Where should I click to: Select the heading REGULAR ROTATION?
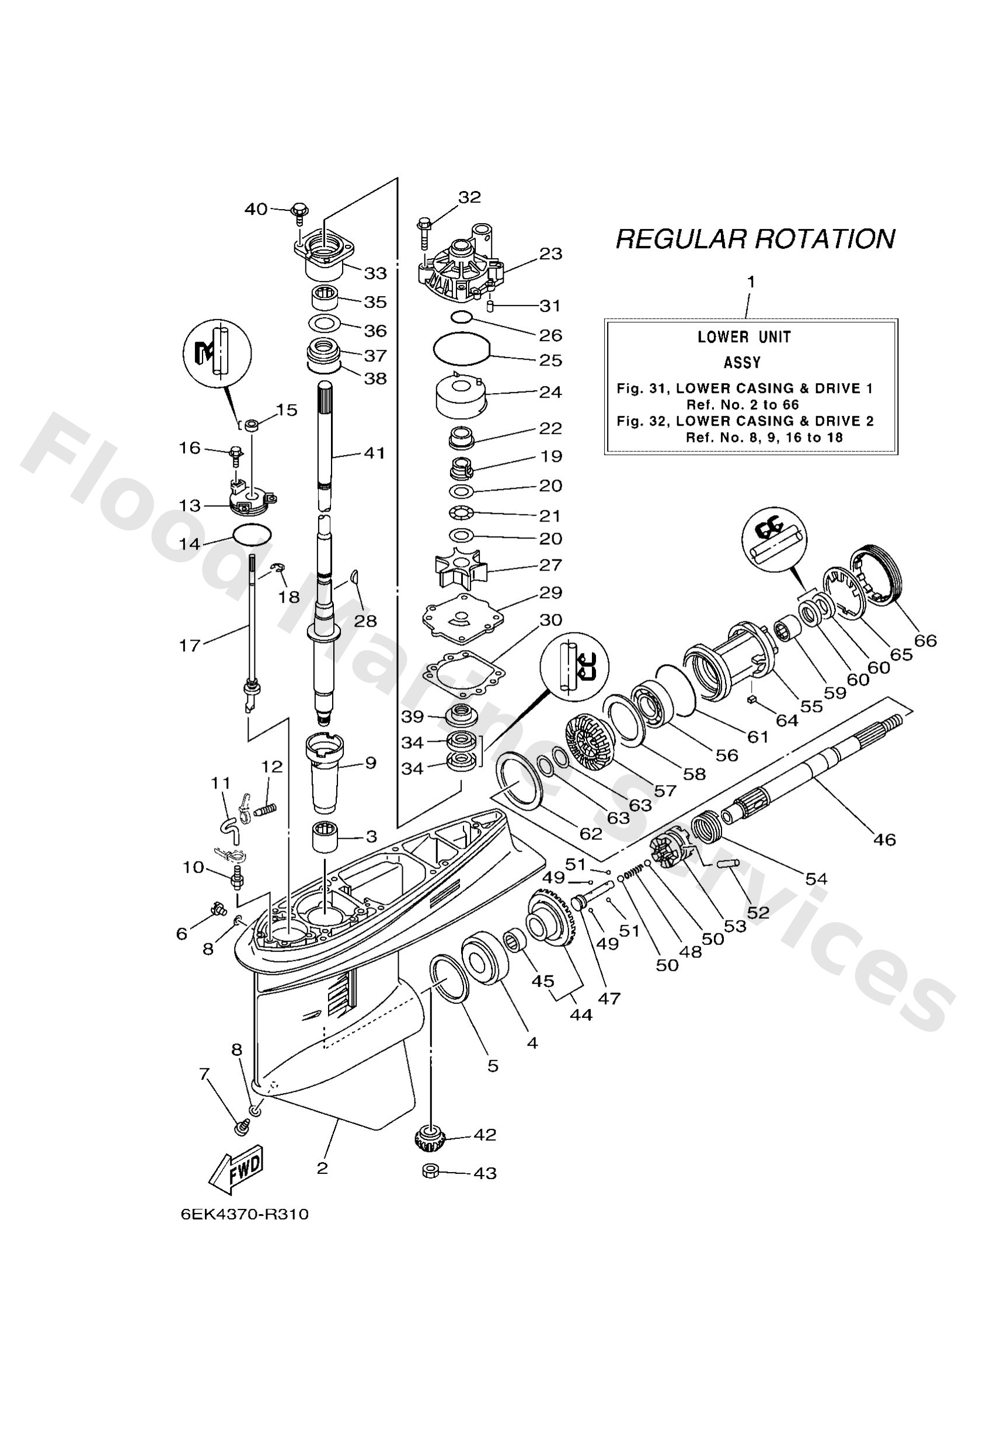pyautogui.click(x=755, y=239)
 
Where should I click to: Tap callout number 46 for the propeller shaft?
pyautogui.click(x=884, y=839)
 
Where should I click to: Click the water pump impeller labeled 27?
pyautogui.click(x=461, y=566)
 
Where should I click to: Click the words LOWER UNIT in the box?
pyautogui.click(x=744, y=338)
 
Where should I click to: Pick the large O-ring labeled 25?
pyautogui.click(x=462, y=349)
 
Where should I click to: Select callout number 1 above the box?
pyautogui.click(x=751, y=283)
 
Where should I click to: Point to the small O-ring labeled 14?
pyautogui.click(x=252, y=534)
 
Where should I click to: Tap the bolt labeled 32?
pyautogui.click(x=425, y=229)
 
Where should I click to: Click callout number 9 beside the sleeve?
pyautogui.click(x=370, y=763)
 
